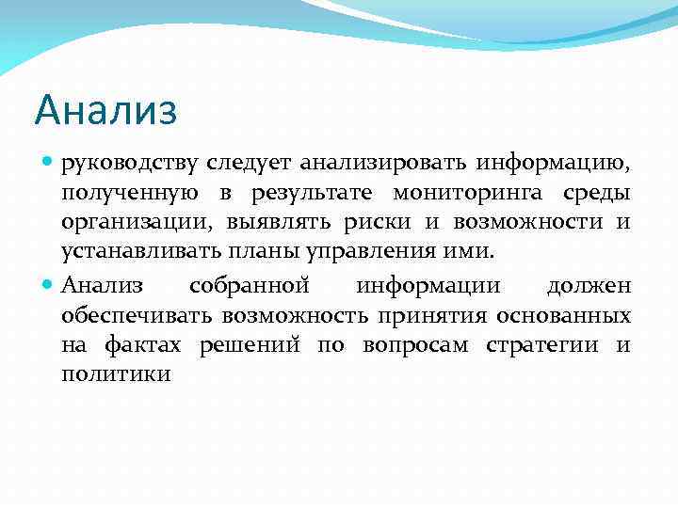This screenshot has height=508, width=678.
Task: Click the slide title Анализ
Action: [x=105, y=111]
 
